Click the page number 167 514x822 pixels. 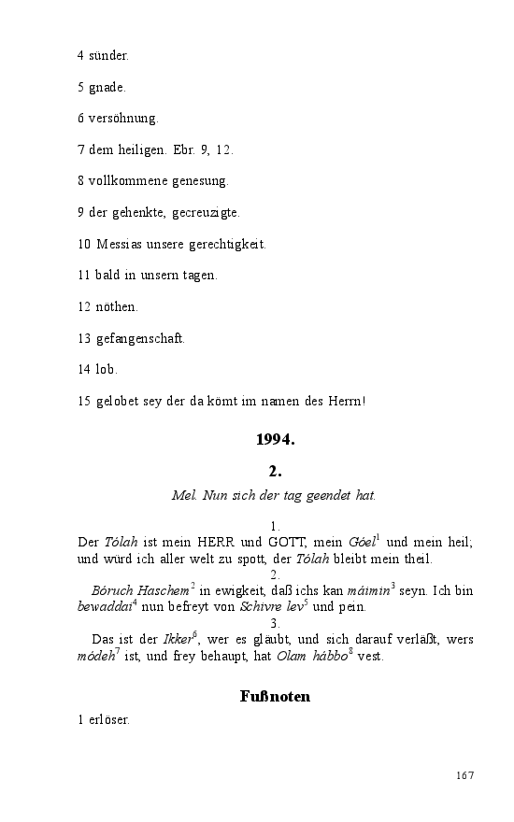click(x=465, y=776)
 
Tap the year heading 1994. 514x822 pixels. click(x=275, y=439)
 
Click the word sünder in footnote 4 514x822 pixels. click(x=108, y=56)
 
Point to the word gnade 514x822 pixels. click(x=107, y=88)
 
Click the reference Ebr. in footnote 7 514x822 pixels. click(x=176, y=149)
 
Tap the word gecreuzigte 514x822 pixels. click(x=207, y=213)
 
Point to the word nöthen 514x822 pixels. click(x=117, y=306)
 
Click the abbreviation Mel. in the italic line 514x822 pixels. click(x=183, y=494)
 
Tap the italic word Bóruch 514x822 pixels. click(x=113, y=591)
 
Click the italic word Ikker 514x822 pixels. click(x=178, y=640)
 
